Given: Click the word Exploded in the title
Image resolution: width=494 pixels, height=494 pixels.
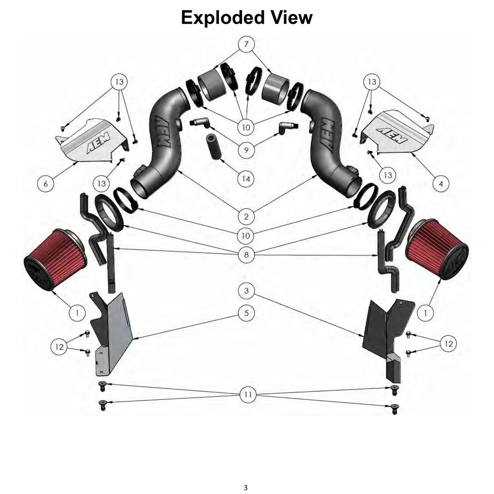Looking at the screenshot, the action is click(x=223, y=17).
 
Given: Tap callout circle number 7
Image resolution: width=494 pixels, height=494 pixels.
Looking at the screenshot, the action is click(x=246, y=44).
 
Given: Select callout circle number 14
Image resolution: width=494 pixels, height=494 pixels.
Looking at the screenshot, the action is click(x=246, y=179).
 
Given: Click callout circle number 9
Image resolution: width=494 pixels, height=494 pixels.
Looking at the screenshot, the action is click(x=246, y=150).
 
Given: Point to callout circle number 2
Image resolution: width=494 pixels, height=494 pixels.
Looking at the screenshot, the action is click(x=246, y=217).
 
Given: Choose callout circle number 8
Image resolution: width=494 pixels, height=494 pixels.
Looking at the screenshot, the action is click(x=246, y=254).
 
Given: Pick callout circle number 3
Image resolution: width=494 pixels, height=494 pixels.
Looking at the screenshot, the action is click(x=246, y=291).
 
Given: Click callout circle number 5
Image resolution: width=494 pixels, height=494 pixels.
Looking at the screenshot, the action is click(x=246, y=313).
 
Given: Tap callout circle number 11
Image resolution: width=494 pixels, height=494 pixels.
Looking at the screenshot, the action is click(x=248, y=394).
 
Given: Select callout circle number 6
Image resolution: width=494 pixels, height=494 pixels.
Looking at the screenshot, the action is click(x=46, y=184).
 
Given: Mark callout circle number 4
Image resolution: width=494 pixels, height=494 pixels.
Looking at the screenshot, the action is click(x=441, y=184).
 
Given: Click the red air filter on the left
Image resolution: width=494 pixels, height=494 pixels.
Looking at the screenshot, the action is click(x=55, y=259).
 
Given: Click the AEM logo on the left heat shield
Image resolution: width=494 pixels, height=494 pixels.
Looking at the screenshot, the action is click(x=98, y=142).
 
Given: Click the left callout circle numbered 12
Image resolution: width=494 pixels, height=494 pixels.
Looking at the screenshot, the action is click(x=59, y=347).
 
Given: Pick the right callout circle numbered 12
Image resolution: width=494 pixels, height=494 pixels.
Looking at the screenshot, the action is click(x=448, y=344).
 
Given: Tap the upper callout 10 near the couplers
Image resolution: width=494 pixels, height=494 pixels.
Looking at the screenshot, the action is click(x=246, y=127).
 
